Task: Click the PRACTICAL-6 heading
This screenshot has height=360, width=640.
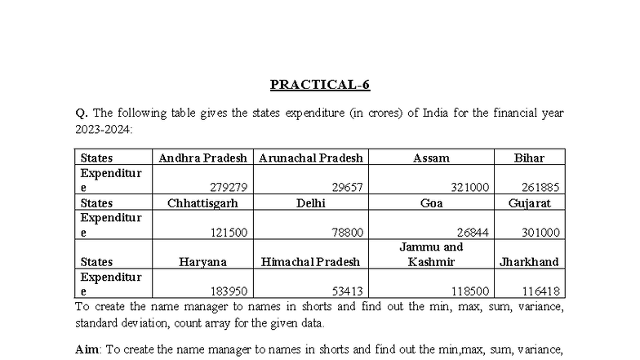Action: point(320,84)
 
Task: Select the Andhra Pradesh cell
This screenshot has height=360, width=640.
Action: point(203,158)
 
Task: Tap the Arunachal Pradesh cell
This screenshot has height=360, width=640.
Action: point(311,158)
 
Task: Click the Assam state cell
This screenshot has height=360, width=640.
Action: point(431,158)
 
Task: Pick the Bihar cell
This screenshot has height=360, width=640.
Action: point(529,158)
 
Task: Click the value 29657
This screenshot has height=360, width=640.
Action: point(346,188)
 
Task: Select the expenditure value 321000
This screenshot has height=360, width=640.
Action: point(470,188)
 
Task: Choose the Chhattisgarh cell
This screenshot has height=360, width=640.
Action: point(202,202)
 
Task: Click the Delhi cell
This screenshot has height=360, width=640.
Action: point(311,202)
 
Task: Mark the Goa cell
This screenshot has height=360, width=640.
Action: point(431,202)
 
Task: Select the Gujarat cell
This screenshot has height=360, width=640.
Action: point(529,202)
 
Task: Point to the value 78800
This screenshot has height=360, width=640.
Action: point(346,233)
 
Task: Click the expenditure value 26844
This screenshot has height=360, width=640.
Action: point(470,233)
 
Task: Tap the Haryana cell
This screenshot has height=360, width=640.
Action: point(202,262)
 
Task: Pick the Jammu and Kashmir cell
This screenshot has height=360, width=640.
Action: point(431,254)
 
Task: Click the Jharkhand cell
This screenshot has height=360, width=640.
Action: point(529,262)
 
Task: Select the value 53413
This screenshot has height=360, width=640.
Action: point(346,291)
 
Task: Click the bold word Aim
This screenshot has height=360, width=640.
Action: point(87,349)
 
